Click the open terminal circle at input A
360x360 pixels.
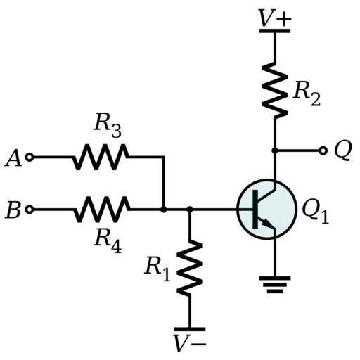30,157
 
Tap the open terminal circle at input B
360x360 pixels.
30,210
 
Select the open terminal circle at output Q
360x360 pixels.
323,150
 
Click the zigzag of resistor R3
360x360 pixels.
101,157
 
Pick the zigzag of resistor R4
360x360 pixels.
101,210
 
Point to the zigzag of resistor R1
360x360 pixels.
190,268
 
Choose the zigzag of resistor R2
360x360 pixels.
275,90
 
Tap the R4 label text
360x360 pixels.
108,241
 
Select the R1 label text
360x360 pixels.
157,268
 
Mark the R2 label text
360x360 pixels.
307,94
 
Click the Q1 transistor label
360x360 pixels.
316,212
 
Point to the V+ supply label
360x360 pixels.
275,18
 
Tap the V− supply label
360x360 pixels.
190,343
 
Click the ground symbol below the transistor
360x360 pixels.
275,285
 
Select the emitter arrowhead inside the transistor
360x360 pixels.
266,223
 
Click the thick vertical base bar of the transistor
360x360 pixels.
255,209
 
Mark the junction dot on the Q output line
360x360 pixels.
274,150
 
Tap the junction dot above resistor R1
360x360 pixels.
190,209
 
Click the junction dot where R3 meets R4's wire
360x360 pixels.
164,210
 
